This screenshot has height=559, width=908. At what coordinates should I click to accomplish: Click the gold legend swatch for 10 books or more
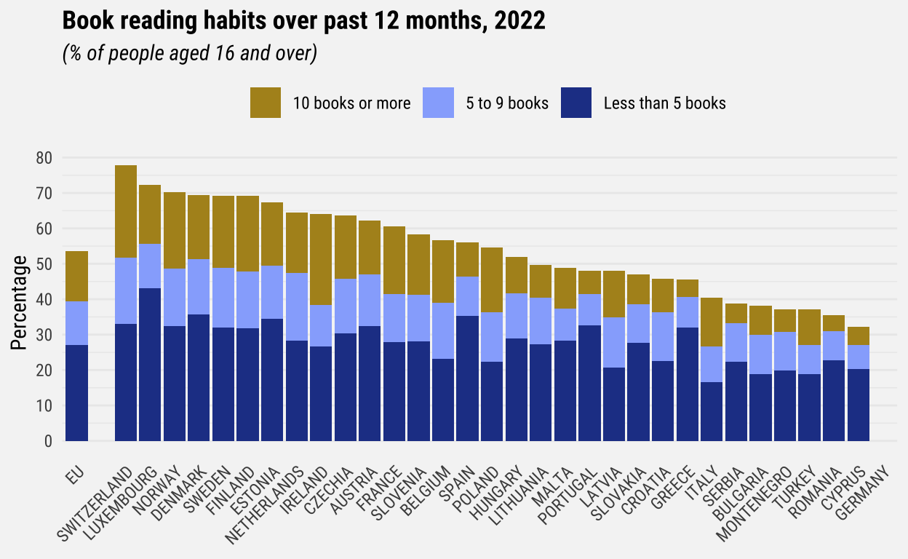click(x=265, y=103)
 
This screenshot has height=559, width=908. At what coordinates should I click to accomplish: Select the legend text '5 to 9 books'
click(x=507, y=103)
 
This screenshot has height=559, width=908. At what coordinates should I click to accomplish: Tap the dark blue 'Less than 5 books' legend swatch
click(x=576, y=103)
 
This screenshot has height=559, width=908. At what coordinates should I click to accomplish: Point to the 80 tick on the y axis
click(x=44, y=158)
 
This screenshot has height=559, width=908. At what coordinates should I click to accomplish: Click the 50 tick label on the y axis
click(x=44, y=264)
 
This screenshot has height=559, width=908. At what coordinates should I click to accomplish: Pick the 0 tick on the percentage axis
click(x=48, y=441)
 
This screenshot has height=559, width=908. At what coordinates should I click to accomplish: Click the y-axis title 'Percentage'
click(x=20, y=302)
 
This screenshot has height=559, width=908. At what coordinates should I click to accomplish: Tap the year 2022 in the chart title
click(x=519, y=22)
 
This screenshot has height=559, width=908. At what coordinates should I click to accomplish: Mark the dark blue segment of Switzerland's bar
click(x=126, y=382)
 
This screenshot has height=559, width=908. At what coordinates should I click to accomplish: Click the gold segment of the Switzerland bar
click(x=126, y=211)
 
